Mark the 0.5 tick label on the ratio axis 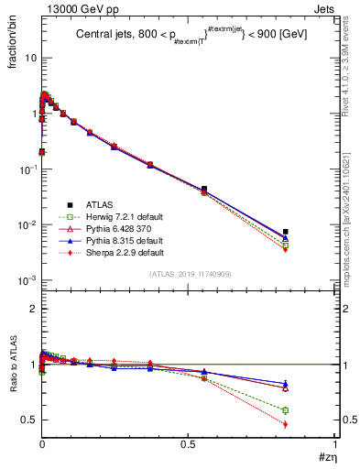[x=27, y=420]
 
